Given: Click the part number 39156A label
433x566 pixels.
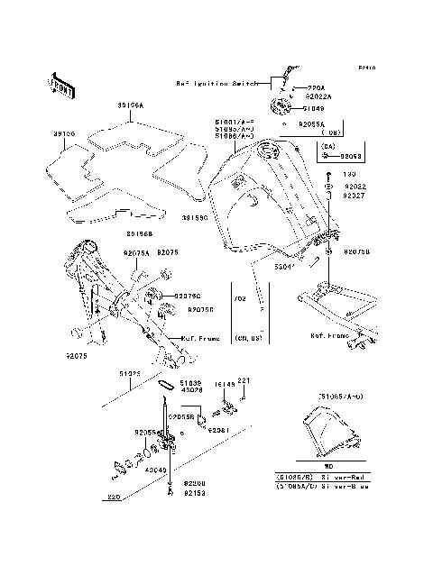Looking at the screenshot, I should click(x=130, y=105).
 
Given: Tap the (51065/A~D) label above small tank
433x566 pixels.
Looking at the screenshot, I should click(x=342, y=397).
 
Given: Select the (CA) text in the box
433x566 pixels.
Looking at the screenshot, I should click(x=327, y=145).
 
